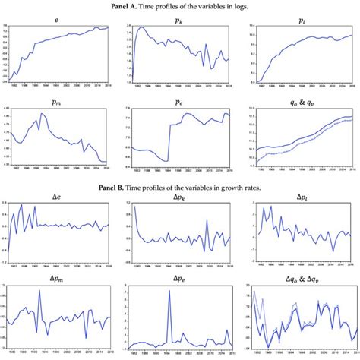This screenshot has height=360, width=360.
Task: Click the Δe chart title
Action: [x=58, y=196]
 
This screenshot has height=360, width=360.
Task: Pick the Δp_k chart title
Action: [x=179, y=196]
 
